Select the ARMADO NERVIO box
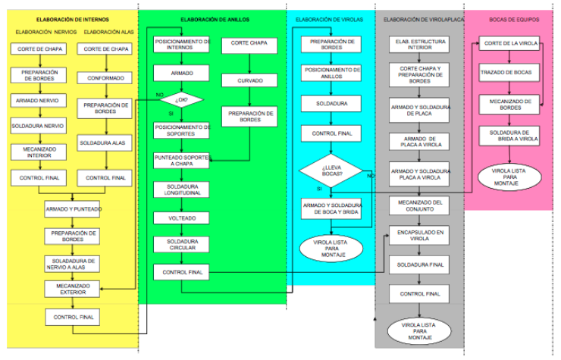pos(38,99)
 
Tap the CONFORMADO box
pos(105,77)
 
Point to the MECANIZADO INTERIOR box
pos(38,152)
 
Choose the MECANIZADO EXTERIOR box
pos(73,288)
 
